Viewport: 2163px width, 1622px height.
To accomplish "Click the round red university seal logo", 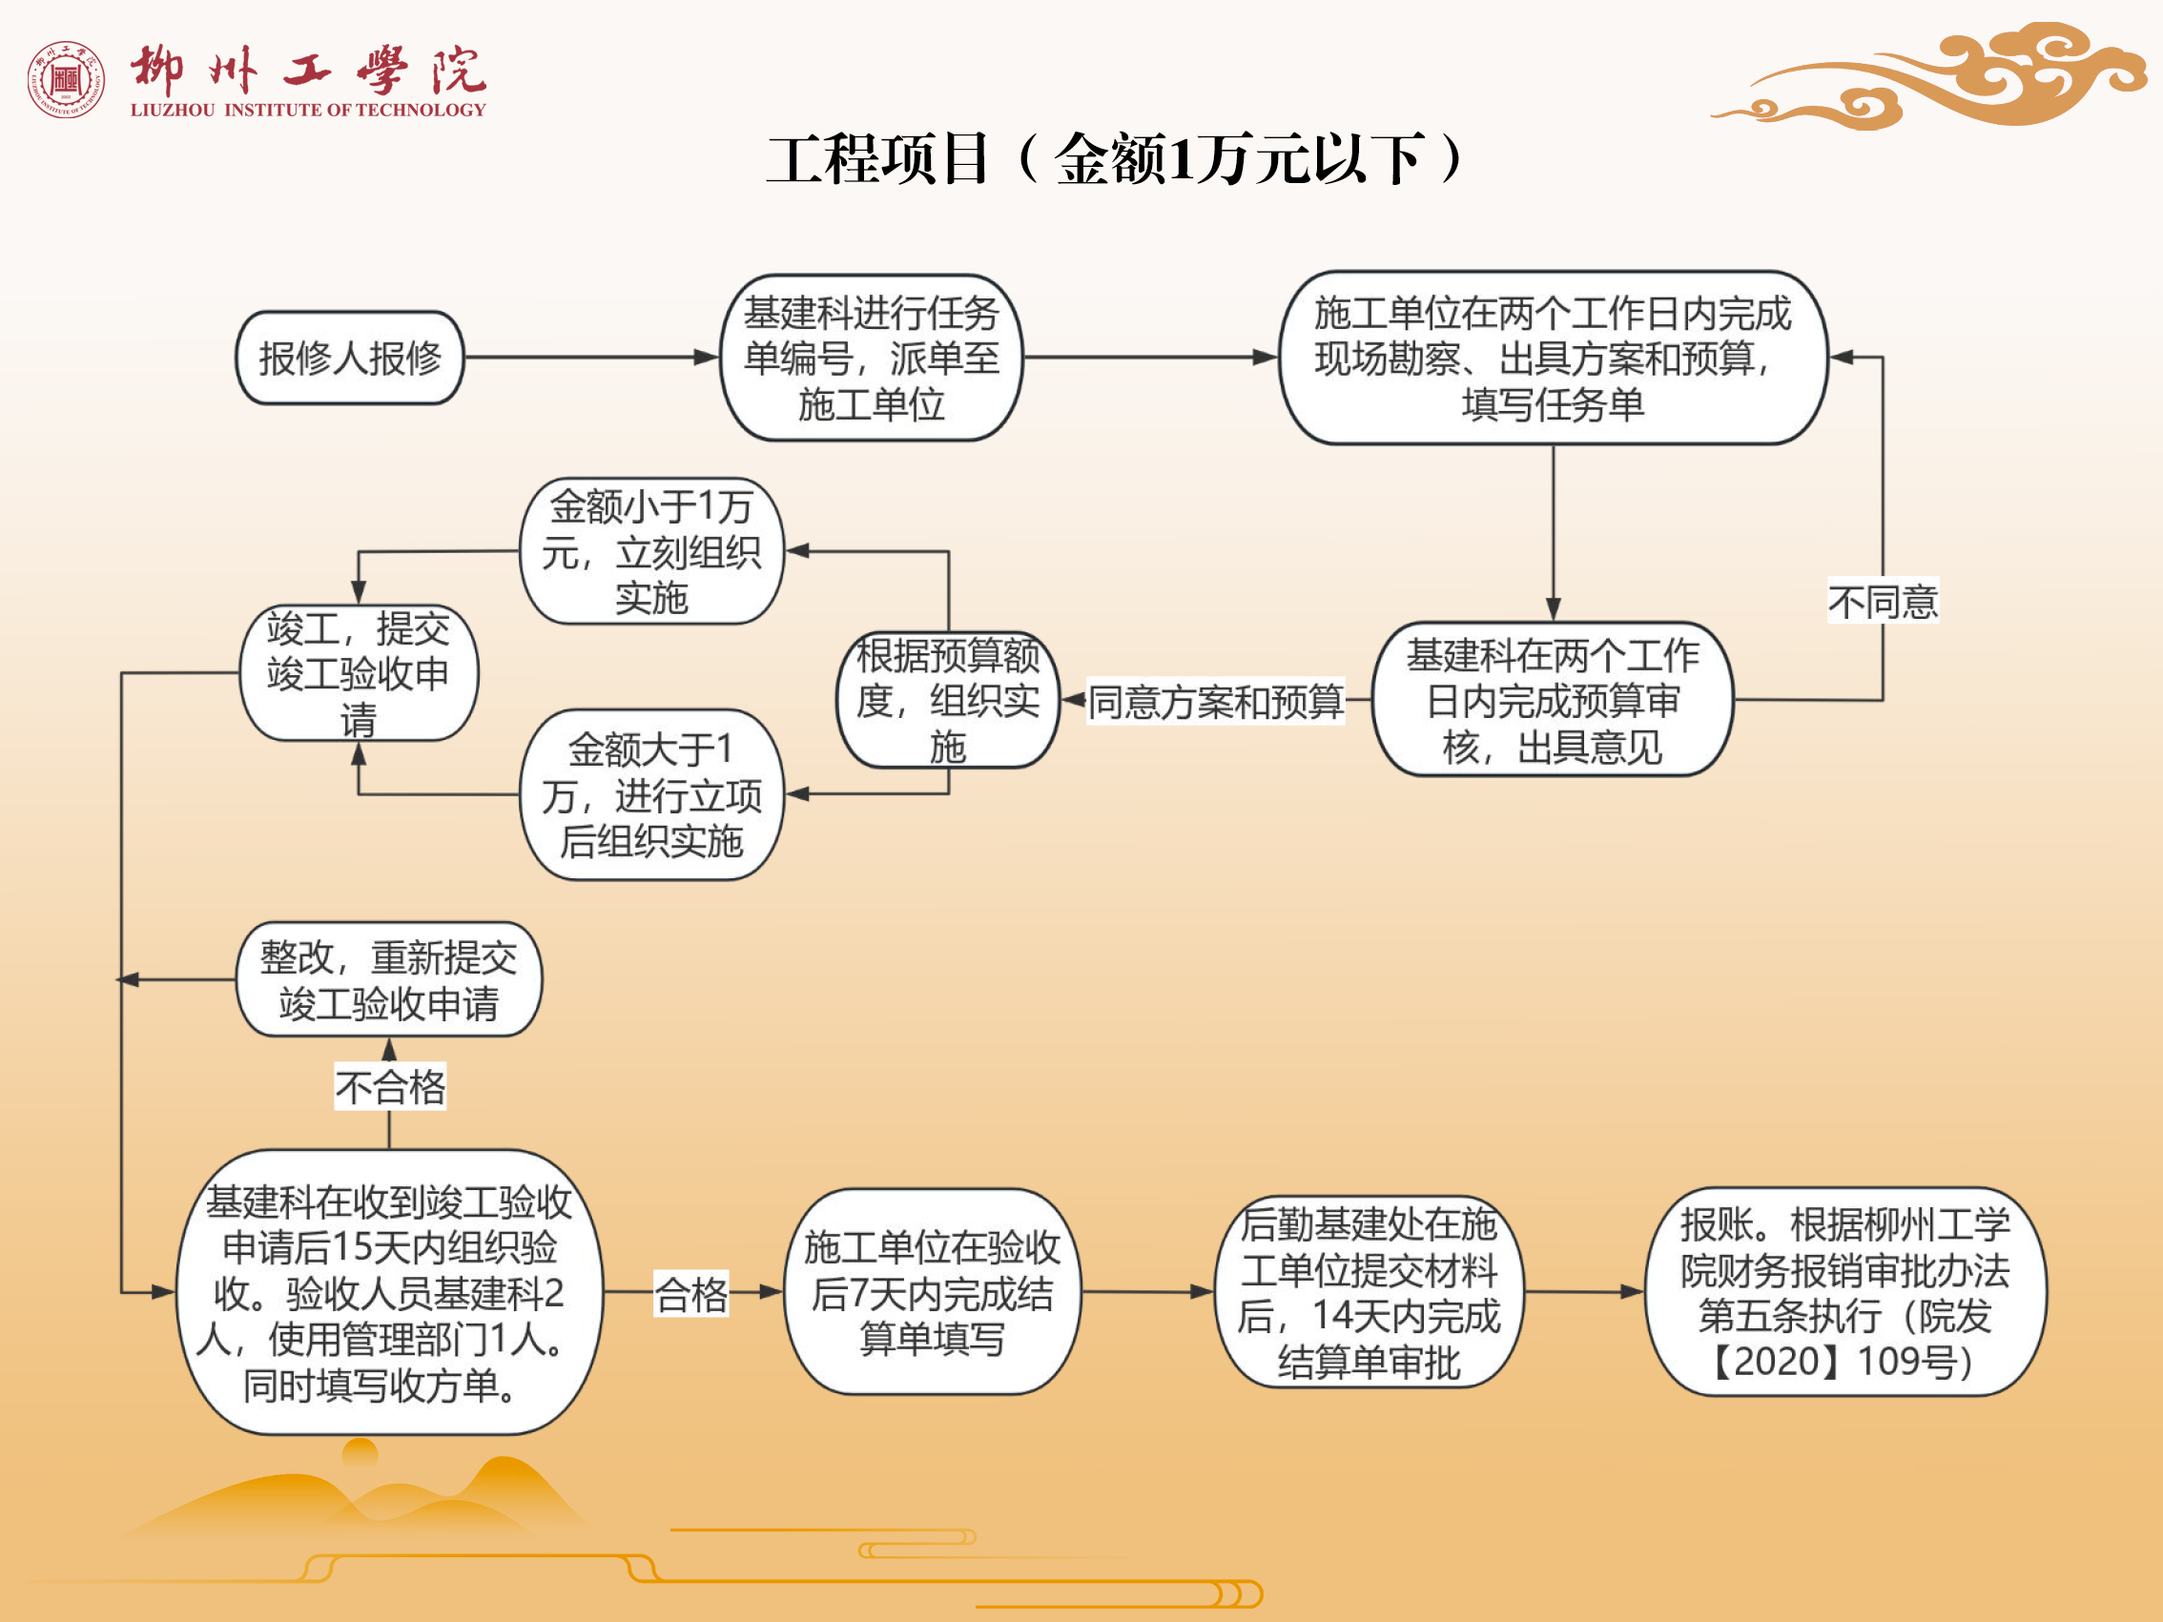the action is click(x=67, y=79).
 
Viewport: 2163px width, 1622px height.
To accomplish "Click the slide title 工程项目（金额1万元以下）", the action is click(x=1115, y=159).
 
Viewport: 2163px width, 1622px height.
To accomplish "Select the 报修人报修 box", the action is click(x=349, y=358).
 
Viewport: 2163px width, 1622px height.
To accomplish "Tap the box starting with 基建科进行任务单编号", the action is click(x=872, y=358).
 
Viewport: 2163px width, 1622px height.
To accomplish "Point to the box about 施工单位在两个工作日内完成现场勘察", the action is click(x=1553, y=358).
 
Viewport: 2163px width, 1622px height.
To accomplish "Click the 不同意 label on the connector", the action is click(x=1883, y=602).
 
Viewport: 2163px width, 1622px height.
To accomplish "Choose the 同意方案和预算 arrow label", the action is click(x=1215, y=701).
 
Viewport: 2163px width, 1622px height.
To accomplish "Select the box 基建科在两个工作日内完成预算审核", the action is click(x=1553, y=700).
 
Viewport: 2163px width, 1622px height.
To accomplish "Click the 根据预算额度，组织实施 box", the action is click(x=948, y=700).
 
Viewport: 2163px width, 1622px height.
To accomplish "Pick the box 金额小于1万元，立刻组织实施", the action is click(x=651, y=551).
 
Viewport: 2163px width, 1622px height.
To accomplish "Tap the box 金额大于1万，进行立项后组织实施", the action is click(x=651, y=795).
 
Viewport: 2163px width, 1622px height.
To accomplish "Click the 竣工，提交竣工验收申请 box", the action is click(x=359, y=672).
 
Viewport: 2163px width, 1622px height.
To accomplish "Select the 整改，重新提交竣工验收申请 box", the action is click(x=389, y=979).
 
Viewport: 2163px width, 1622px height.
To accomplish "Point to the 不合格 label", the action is click(x=390, y=1086).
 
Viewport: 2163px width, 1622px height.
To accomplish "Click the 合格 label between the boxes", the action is click(x=691, y=1293).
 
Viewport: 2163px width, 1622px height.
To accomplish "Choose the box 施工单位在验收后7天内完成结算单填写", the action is click(x=932, y=1292).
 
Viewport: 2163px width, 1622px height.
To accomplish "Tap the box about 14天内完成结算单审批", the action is click(x=1368, y=1291).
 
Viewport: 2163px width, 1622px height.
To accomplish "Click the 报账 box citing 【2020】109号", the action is click(x=1845, y=1291).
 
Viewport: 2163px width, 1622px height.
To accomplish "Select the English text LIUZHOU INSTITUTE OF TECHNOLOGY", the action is click(x=308, y=110).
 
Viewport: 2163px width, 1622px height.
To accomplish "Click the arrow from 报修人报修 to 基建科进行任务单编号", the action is click(x=591, y=358).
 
